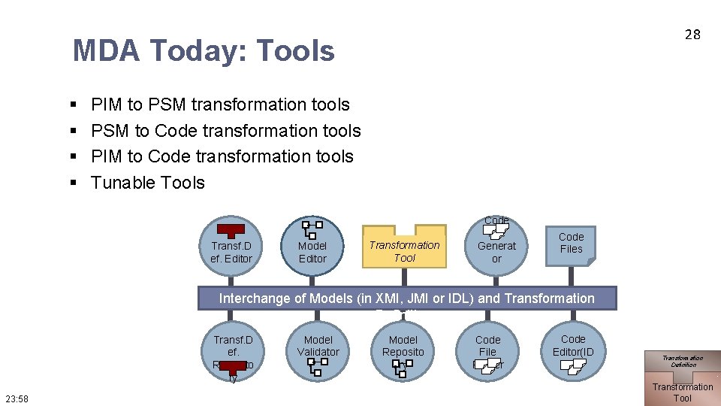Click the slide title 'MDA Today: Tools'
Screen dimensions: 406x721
pos(204,51)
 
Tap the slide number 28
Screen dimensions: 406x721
pos(692,34)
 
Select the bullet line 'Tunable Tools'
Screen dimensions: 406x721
pos(147,183)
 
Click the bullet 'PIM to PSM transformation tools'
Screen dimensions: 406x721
pos(220,105)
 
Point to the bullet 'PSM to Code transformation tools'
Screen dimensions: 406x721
pos(225,131)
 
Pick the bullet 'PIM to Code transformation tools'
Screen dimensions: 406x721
pos(222,156)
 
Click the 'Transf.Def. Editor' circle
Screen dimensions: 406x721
pos(231,246)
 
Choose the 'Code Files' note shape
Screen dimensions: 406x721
pos(571,243)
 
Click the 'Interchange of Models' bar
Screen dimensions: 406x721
pos(406,298)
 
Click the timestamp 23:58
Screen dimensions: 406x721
pos(17,398)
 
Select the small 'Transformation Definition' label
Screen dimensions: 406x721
pos(683,361)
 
